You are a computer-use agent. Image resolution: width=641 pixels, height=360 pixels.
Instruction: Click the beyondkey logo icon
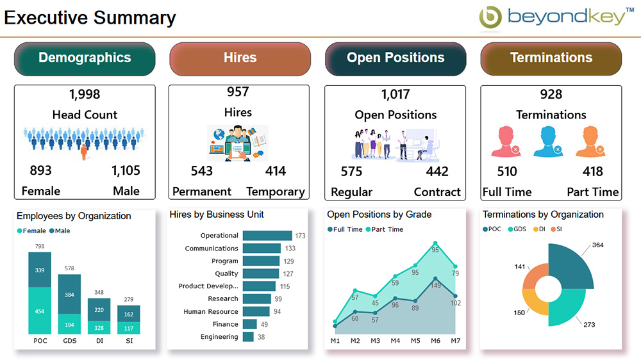(x=491, y=17)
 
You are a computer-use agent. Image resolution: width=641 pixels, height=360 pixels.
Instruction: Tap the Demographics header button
(x=85, y=58)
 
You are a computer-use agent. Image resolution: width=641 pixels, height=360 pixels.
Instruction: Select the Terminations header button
(x=551, y=58)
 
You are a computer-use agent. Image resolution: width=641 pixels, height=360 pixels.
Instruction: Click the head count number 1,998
(x=85, y=95)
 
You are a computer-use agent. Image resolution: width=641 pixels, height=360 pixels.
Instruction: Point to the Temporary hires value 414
(x=276, y=171)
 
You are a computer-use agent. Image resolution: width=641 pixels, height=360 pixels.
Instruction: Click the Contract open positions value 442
(x=437, y=172)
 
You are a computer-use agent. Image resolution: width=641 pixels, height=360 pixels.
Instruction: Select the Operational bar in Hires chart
(x=267, y=236)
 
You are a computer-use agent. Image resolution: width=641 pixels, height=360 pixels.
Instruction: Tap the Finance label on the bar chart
(x=226, y=324)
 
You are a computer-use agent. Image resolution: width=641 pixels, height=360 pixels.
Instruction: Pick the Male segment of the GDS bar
(x=69, y=295)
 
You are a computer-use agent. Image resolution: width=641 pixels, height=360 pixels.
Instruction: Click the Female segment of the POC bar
(x=40, y=311)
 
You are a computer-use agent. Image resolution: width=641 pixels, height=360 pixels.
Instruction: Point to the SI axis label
(x=129, y=341)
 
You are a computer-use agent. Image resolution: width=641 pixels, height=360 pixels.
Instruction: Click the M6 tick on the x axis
(x=435, y=341)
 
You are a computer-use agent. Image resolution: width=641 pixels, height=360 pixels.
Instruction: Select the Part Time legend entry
(x=385, y=229)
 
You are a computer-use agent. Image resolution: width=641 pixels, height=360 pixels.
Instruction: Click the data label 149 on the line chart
(x=436, y=286)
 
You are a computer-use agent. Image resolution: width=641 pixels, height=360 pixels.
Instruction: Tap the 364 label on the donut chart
(x=597, y=245)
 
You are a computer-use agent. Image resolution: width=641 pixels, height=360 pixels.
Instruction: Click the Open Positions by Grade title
(x=379, y=215)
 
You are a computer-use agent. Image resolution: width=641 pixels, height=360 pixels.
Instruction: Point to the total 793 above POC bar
(x=40, y=247)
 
